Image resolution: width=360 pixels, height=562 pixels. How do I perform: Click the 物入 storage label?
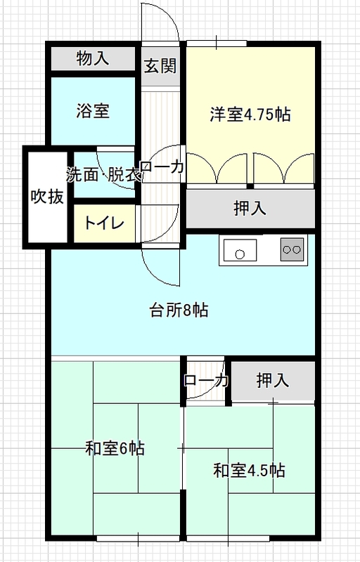pos(93,58)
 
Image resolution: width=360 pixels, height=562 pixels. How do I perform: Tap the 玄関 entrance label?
pos(160,66)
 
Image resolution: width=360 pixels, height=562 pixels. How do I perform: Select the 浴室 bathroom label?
pos(93,111)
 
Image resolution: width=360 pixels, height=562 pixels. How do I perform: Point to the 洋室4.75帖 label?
pos(250,114)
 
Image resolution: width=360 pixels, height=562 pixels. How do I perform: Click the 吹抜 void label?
pos(47,196)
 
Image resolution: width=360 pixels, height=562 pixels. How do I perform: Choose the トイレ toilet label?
pos(104,223)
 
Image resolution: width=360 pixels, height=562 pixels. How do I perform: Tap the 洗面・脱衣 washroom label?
pos(104,174)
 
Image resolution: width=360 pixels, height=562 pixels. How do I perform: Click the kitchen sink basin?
pos(240,250)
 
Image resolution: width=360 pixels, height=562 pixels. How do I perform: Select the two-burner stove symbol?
pos(292,249)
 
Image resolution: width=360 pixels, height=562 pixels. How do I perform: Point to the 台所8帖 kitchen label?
pos(179,310)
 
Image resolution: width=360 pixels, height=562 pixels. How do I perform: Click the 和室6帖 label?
pos(115,448)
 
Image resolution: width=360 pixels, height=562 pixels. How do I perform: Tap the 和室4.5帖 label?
pos(249,470)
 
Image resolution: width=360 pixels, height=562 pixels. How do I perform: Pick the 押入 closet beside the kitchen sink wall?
pos(250,208)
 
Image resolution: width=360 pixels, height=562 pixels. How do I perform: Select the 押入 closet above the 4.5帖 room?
pos(273,380)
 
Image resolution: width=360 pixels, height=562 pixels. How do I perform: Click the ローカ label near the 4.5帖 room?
pos(206,380)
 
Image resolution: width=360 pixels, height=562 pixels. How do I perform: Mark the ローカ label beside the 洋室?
pos(162,166)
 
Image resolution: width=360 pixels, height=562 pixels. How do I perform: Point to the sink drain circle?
pos(240,254)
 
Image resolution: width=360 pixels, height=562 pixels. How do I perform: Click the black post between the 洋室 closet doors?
pos(250,186)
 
